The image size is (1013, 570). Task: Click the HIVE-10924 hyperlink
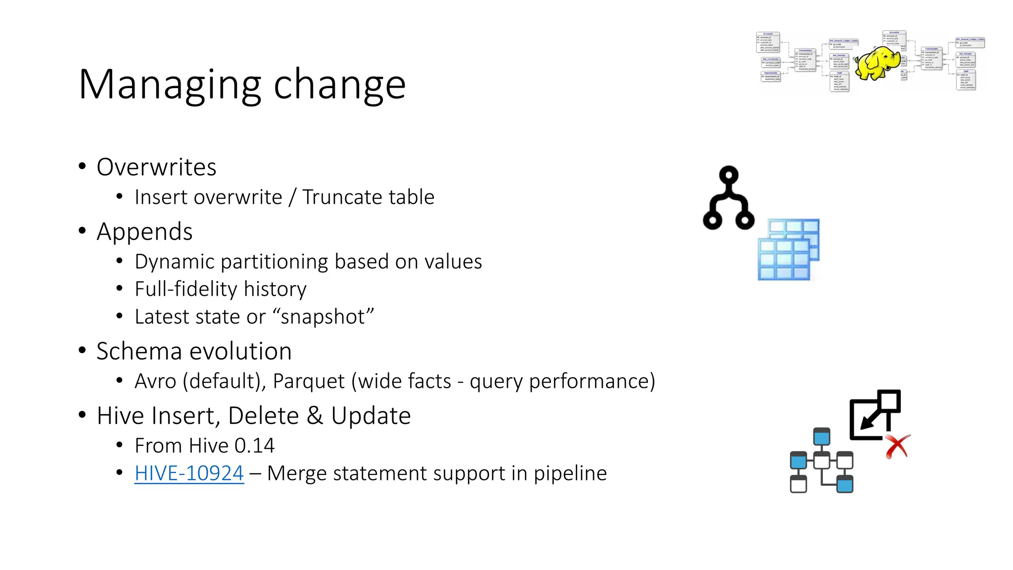(189, 474)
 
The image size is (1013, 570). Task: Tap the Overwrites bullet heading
(156, 167)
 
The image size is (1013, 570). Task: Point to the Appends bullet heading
(144, 232)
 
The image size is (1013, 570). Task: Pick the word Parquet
(309, 381)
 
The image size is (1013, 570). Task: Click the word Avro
(155, 381)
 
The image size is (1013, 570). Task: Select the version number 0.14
(254, 446)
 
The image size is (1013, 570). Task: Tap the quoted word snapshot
(322, 317)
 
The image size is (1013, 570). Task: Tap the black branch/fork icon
(729, 198)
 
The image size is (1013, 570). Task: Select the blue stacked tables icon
(788, 249)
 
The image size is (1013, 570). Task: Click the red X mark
(897, 446)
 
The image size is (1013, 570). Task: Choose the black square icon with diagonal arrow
(875, 415)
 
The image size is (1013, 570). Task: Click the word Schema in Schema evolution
(134, 351)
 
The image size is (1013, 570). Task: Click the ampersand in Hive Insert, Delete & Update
(315, 416)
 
